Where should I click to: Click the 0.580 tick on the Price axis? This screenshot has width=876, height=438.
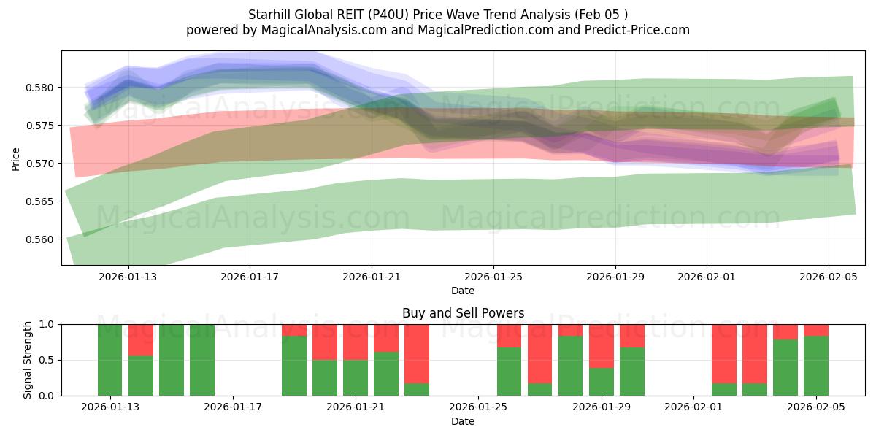42,88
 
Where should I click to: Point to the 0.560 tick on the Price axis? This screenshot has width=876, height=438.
42,239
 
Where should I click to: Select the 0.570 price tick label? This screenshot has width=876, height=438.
42,164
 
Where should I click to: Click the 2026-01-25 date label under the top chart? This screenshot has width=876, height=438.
493,277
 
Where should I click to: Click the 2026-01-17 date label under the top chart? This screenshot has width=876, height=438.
250,277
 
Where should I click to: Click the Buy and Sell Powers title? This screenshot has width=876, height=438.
463,313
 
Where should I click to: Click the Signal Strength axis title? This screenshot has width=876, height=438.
27,360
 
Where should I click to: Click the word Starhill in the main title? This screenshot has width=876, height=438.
272,15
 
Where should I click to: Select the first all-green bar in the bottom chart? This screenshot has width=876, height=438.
110,360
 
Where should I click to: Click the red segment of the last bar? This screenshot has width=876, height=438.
816,330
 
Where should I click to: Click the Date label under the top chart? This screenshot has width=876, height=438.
463,291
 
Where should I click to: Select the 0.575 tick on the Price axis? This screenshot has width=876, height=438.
42,126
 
